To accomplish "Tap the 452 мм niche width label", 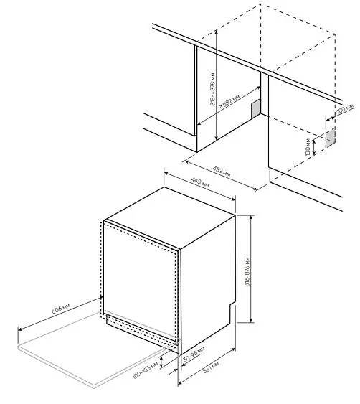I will (223, 172).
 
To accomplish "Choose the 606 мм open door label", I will (60, 311).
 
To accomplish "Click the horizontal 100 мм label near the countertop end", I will (344, 109).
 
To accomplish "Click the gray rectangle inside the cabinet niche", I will (255, 108).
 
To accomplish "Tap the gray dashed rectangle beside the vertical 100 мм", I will (330, 138).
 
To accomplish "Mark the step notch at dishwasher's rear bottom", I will (232, 311).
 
